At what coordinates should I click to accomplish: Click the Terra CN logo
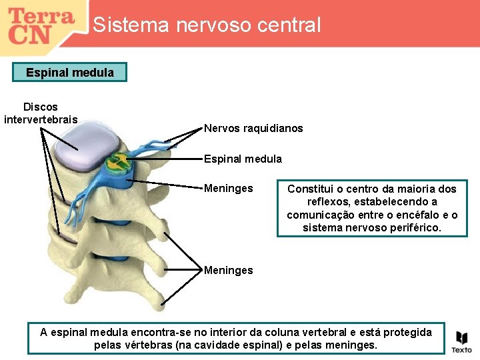tap(41, 25)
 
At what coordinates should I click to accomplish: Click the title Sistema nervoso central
tap(207, 25)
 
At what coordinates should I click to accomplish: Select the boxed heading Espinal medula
tap(70, 72)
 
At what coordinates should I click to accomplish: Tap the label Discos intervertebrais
tap(41, 113)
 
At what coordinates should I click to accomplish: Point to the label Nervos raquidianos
tap(253, 128)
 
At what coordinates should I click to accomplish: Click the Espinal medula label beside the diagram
tap(243, 159)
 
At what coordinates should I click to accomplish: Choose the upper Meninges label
tap(228, 189)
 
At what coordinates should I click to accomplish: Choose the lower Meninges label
tap(228, 270)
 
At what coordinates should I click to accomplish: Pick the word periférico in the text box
tap(413, 228)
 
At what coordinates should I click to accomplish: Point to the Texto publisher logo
tap(461, 341)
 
